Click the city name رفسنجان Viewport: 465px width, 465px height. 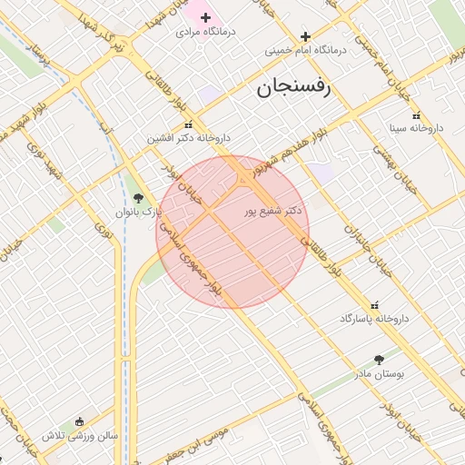point(295,88)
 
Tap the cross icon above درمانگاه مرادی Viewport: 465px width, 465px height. point(205,17)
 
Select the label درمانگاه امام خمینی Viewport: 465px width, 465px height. point(306,51)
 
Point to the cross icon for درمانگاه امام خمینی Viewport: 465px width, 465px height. point(306,36)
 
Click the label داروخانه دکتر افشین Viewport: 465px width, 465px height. point(191,138)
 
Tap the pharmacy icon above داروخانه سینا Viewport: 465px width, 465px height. point(416,115)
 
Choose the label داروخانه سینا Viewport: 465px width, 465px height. point(416,128)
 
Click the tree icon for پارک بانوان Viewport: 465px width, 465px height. point(138,197)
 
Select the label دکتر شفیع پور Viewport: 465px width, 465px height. point(273,211)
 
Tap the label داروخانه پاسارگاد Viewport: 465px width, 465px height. point(375,319)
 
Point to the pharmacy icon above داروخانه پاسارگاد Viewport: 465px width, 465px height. point(375,305)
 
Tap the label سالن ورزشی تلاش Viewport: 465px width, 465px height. point(80,435)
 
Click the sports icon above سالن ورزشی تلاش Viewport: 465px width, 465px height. point(80,421)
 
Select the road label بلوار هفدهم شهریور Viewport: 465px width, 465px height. point(292,148)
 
